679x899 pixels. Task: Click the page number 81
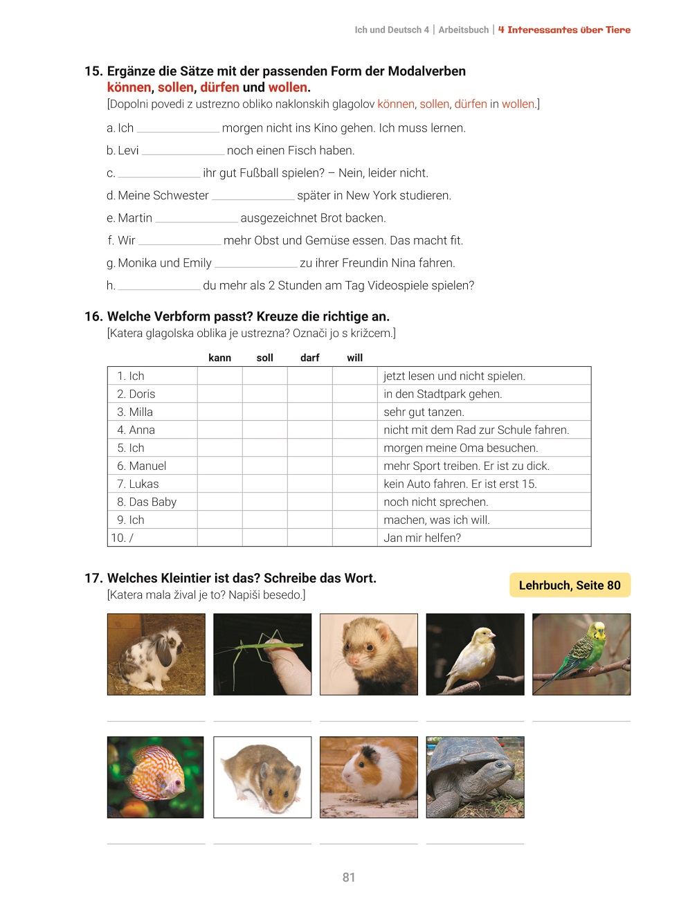point(348,877)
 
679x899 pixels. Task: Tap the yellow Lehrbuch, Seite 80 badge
point(570,585)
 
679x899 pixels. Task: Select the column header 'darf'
point(309,358)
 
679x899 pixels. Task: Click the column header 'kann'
point(219,358)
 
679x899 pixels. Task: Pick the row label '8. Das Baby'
point(147,502)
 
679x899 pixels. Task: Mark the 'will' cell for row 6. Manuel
point(354,466)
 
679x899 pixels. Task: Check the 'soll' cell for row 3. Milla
point(264,412)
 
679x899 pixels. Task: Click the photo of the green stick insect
point(262,654)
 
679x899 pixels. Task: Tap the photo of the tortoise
point(475,777)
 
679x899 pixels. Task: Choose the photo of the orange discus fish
point(156,777)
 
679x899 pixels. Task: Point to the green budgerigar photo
point(581,654)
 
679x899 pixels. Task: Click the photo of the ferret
point(369,654)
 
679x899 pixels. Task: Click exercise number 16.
point(93,316)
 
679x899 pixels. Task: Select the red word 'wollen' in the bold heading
point(287,87)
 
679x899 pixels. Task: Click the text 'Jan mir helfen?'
point(422,538)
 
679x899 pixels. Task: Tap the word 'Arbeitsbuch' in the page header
point(463,30)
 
